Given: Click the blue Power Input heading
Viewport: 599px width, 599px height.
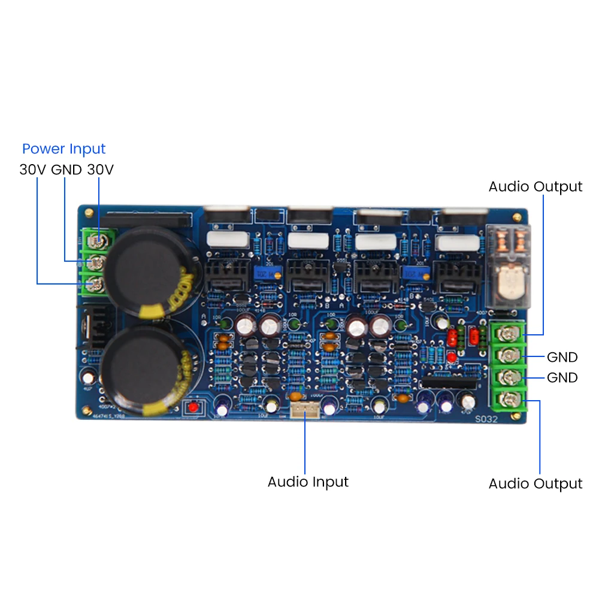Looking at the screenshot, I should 63,149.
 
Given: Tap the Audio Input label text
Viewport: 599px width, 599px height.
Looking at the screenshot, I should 308,482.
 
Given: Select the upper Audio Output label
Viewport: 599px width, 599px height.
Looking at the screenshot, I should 535,186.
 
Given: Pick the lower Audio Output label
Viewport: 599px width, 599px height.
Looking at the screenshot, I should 535,483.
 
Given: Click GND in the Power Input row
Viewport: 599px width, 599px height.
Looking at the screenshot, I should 66,170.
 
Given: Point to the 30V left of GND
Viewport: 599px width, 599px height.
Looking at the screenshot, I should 33,170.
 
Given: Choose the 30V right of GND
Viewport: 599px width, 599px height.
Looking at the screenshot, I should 100,170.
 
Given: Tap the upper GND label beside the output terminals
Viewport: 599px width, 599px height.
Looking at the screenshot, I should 562,358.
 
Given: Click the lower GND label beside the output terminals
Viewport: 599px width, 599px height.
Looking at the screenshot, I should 562,378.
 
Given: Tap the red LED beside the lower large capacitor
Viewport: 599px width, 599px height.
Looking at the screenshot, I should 193,407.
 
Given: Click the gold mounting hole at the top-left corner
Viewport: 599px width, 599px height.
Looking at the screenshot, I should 89,211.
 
